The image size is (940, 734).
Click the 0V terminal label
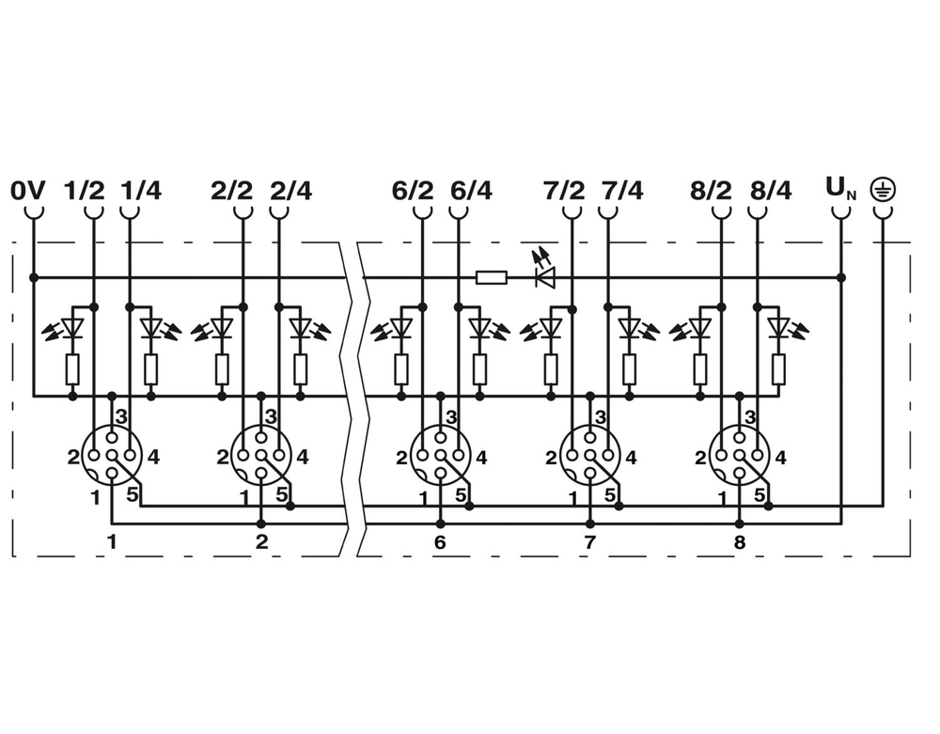[x=27, y=191]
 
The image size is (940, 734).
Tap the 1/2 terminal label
[x=84, y=191]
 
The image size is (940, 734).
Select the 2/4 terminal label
[x=291, y=191]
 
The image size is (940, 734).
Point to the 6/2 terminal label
[x=413, y=191]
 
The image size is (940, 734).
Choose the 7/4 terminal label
[x=622, y=191]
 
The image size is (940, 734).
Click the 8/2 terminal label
[x=711, y=191]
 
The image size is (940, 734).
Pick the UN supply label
[x=841, y=189]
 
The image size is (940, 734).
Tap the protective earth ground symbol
[x=883, y=189]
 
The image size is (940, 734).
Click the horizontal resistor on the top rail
[x=492, y=277]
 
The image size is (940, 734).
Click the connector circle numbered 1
[x=112, y=456]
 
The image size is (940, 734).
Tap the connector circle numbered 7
[x=590, y=456]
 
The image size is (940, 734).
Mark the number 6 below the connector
[x=440, y=542]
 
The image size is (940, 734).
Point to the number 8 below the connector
[x=739, y=542]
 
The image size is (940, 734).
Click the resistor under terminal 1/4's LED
[x=151, y=369]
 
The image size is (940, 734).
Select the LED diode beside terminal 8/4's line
[x=778, y=327]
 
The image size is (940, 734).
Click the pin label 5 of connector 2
[x=280, y=495]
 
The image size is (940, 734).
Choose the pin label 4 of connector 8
[x=780, y=458]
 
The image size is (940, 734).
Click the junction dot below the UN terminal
[x=841, y=277]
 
